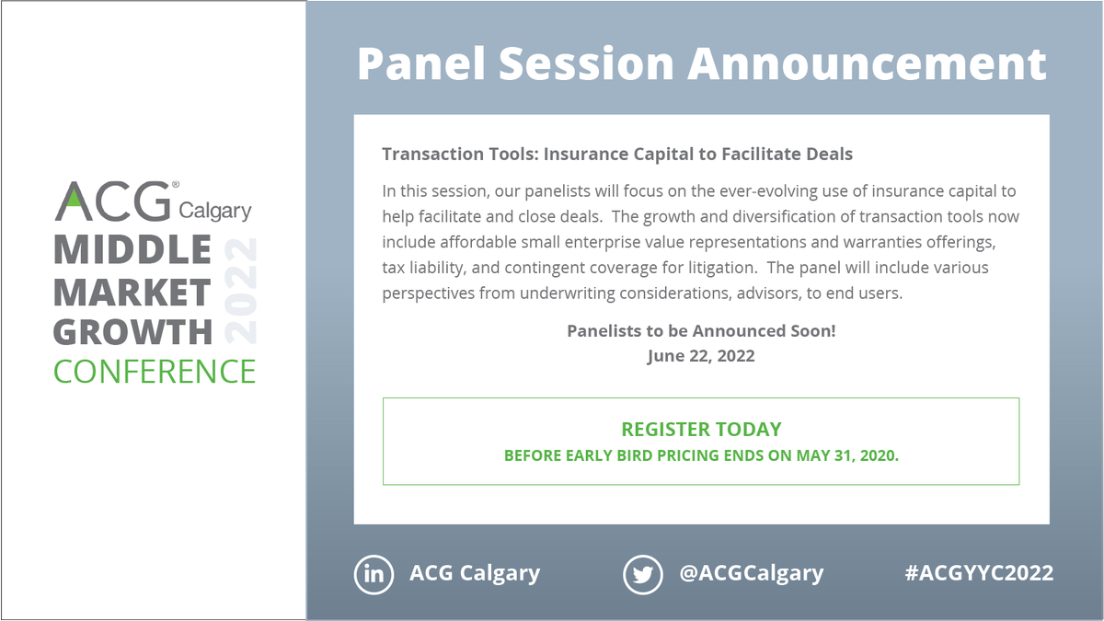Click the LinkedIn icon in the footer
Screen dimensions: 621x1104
374,574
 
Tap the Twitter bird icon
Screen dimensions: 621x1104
643,574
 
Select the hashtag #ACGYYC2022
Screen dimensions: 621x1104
979,573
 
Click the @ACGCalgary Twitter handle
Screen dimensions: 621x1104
752,573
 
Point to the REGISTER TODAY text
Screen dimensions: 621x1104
701,429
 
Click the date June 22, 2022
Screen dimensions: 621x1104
701,355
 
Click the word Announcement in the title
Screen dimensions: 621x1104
868,64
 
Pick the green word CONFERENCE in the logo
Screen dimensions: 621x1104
155,371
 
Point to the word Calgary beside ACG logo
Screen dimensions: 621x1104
214,211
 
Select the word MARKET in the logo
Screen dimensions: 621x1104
132,291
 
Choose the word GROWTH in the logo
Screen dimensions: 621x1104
132,330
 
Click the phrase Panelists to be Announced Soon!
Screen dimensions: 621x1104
701,330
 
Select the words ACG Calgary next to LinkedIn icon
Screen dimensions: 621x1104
475,573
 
